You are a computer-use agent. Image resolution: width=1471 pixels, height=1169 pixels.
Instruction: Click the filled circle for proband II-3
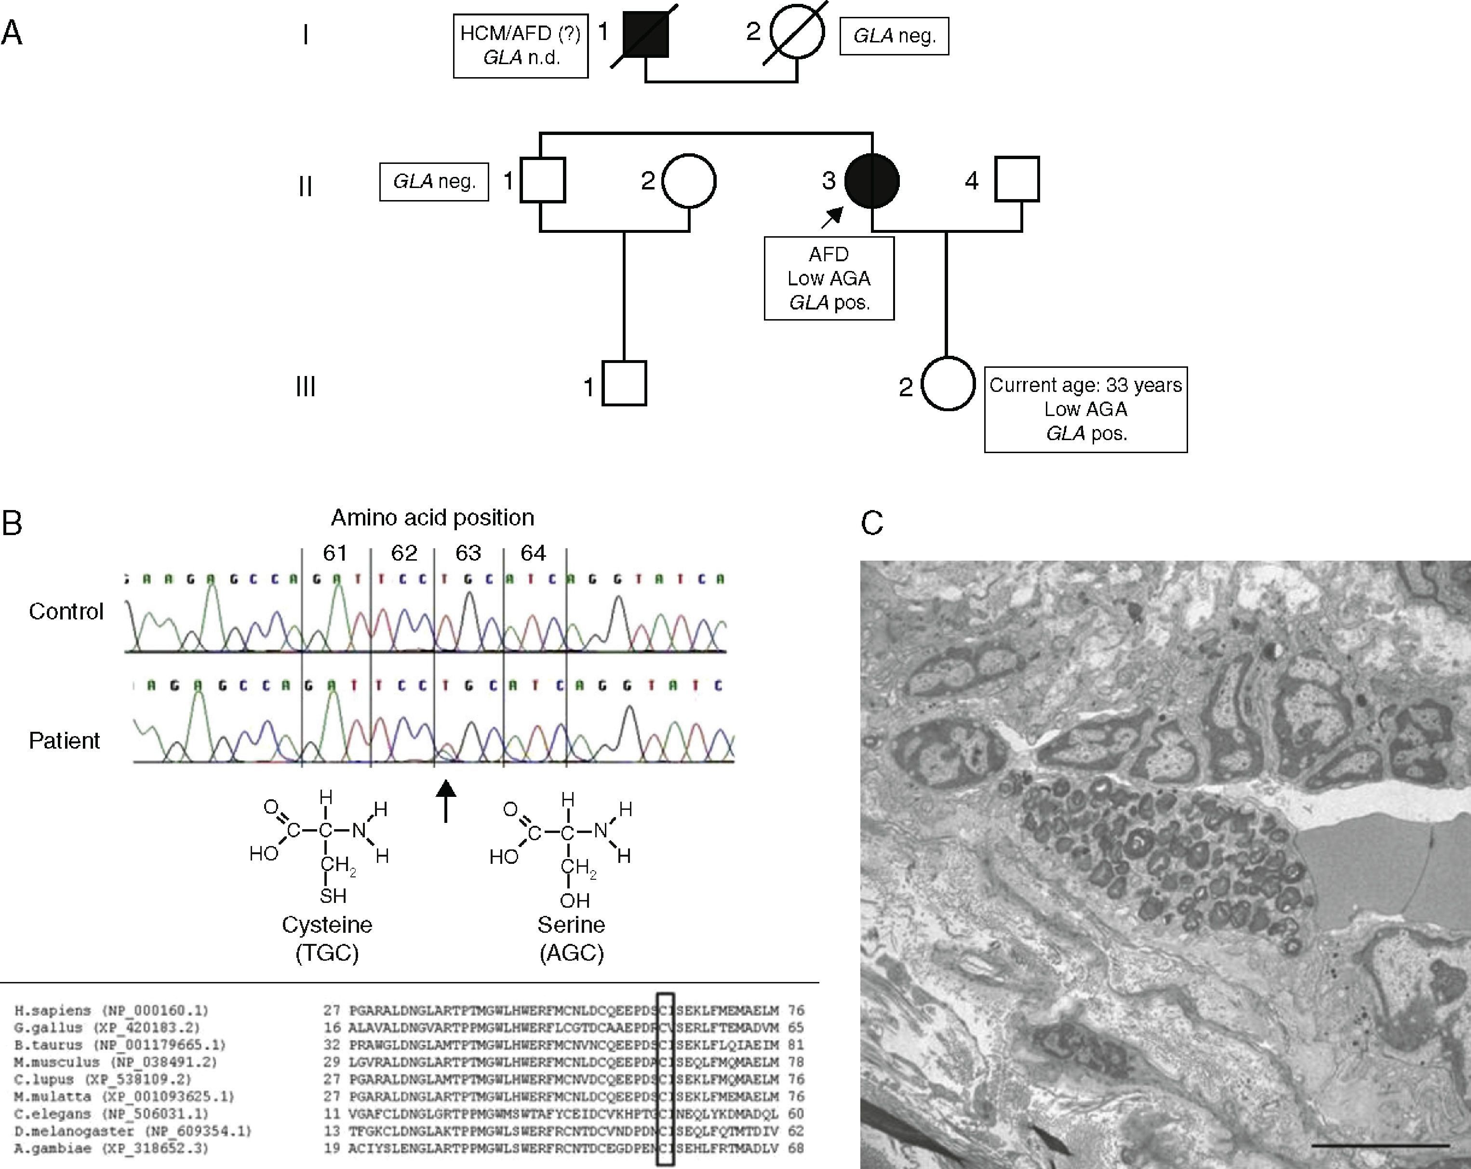(x=871, y=181)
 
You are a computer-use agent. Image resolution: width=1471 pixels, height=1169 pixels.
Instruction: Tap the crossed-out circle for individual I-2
(x=797, y=32)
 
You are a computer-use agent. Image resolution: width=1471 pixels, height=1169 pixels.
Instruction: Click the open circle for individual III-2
(x=948, y=384)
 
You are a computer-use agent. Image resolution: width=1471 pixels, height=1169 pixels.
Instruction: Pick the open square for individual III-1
(x=624, y=384)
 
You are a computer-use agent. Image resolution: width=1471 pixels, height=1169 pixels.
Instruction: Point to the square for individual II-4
(x=1016, y=179)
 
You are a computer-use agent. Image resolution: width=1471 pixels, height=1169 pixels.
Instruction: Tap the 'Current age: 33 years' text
(x=1085, y=386)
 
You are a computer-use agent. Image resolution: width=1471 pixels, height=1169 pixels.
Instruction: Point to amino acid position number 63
(x=468, y=553)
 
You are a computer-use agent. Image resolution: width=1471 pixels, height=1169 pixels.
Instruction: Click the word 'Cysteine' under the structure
(x=327, y=925)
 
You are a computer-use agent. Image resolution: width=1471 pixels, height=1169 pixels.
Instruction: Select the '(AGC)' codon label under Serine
(x=571, y=953)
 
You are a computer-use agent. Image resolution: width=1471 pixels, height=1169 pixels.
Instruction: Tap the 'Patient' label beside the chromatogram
(x=64, y=740)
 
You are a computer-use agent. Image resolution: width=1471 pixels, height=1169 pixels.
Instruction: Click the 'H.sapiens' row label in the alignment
(x=53, y=1011)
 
